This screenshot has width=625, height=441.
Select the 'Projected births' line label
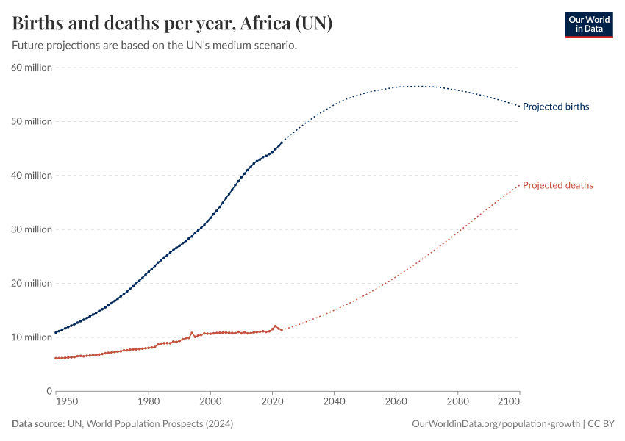point(555,107)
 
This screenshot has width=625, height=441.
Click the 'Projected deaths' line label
point(557,185)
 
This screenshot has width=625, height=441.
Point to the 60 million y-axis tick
point(31,68)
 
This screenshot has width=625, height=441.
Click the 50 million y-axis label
point(31,121)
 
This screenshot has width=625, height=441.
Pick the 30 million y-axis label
point(31,229)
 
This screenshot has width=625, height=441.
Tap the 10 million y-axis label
point(31,337)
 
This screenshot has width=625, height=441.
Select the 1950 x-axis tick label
point(66,403)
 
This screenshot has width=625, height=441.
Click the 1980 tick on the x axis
point(149,403)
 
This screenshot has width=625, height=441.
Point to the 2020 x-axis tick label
point(273,403)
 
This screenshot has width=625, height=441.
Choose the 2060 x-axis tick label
point(396,403)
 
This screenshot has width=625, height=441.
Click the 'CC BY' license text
point(602,424)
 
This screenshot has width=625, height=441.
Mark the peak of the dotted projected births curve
point(418,86)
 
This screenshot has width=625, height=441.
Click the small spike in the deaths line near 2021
point(276,326)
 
